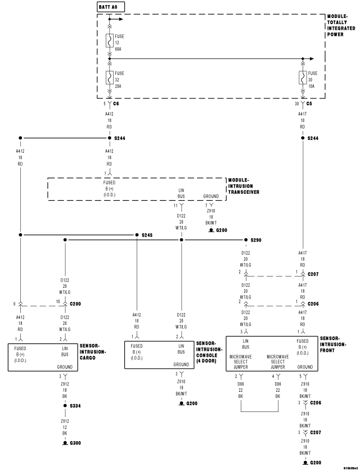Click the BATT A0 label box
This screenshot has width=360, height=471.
[x=111, y=7]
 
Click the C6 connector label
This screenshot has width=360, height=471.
[x=116, y=105]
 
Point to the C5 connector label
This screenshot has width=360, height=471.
[x=309, y=105]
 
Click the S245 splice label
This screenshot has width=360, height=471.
[x=147, y=235]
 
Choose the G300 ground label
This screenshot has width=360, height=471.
[x=75, y=443]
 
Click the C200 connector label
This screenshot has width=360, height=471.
[x=76, y=304]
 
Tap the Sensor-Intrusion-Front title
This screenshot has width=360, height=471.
[x=334, y=345]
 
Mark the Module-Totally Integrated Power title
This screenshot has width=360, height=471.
[x=341, y=26]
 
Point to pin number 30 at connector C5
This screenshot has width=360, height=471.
[x=297, y=105]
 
